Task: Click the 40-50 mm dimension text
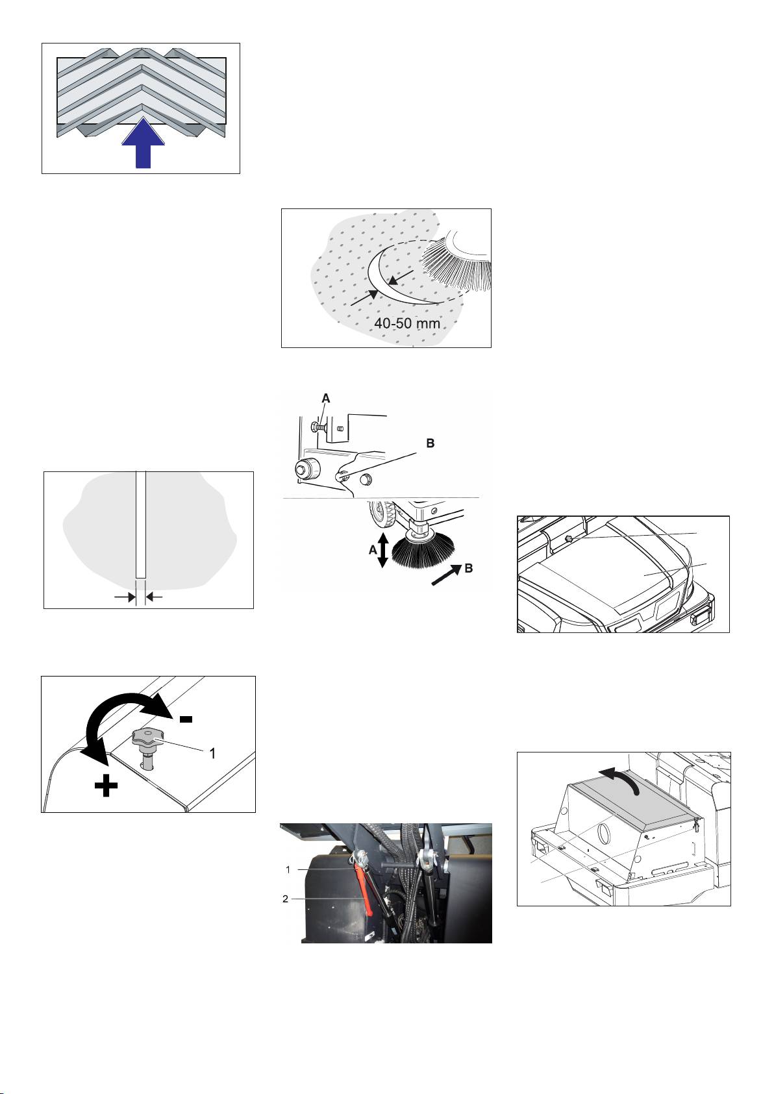pyautogui.click(x=406, y=323)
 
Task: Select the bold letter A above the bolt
pyautogui.click(x=326, y=399)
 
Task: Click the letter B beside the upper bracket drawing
pyautogui.click(x=431, y=443)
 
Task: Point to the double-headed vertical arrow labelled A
pyautogui.click(x=383, y=550)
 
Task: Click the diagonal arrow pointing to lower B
pyautogui.click(x=446, y=576)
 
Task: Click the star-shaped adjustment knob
pyautogui.click(x=144, y=738)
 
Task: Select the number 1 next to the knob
pyautogui.click(x=212, y=754)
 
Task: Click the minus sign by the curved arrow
pyautogui.click(x=186, y=719)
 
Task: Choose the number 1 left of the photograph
pyautogui.click(x=288, y=869)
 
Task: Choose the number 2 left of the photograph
pyautogui.click(x=286, y=899)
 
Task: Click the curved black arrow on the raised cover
pyautogui.click(x=619, y=779)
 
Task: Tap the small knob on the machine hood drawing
pyautogui.click(x=569, y=538)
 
